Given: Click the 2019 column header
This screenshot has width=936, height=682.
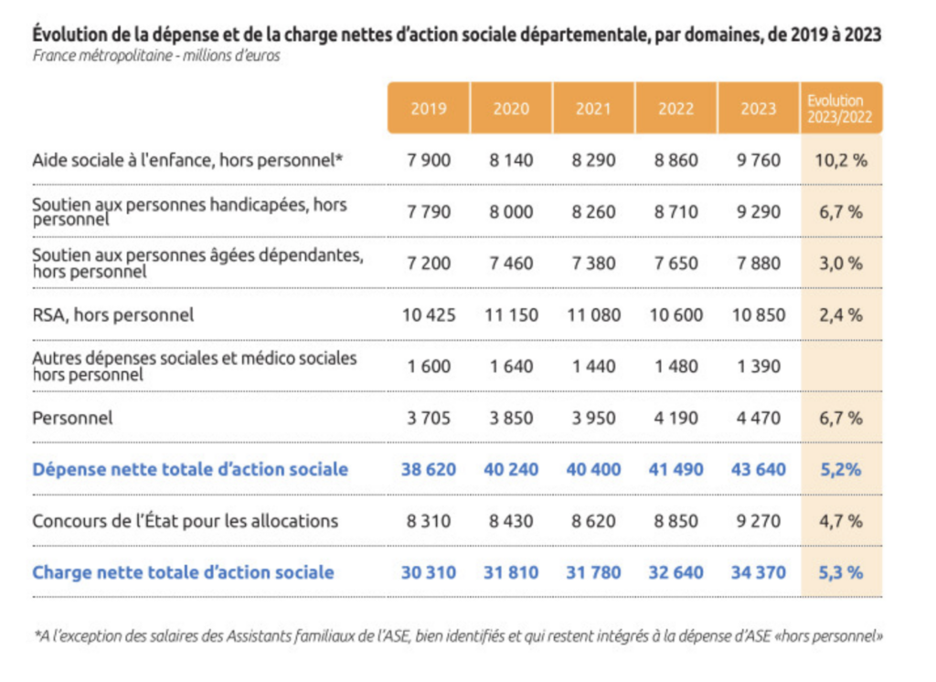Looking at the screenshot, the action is coord(429,108).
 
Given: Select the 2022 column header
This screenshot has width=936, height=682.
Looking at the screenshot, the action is coord(675,108).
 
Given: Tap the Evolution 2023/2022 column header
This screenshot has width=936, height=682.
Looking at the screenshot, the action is coord(841,108).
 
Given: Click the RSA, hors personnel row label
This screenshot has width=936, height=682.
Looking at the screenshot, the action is coord(112,314).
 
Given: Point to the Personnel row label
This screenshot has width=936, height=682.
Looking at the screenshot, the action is coord(72,418).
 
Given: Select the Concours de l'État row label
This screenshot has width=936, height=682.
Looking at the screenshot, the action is coord(185,521).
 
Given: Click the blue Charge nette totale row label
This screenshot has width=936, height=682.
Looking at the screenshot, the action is coord(183,572).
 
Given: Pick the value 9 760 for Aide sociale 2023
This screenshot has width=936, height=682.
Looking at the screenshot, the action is coord(758,160).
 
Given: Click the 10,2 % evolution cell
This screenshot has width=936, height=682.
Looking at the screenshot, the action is coord(841,160).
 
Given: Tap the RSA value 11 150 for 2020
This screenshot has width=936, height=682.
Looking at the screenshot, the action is coord(511,314).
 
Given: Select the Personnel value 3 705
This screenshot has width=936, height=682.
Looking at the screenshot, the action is coord(429,418).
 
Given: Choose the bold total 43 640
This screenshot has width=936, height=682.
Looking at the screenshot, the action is coord(758,469).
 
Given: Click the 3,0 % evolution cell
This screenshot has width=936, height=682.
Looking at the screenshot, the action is coord(841,262).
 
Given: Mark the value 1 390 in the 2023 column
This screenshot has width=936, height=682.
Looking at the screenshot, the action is coord(758,366).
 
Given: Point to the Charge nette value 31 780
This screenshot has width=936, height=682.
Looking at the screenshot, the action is coord(593,572).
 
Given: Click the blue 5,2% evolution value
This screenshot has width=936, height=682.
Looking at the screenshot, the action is coord(841,469).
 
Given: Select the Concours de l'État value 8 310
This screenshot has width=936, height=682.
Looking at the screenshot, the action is coord(429,521).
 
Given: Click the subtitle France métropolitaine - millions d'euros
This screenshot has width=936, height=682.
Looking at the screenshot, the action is coord(155,56).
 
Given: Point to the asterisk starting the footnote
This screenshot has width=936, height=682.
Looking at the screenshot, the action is coord(37,633).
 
